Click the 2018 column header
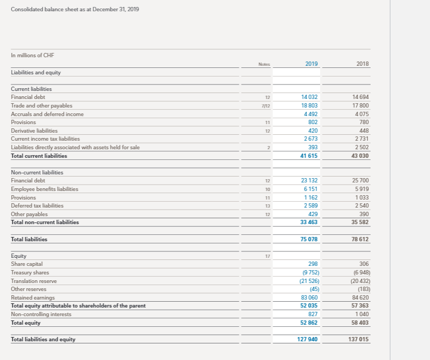(363, 64)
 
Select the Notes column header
(264, 64)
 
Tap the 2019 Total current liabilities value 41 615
(310, 156)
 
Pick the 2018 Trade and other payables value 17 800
(361, 105)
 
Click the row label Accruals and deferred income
(48, 114)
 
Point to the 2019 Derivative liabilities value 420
(313, 131)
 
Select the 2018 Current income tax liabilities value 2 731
(363, 139)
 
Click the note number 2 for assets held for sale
(268, 148)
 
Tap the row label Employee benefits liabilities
(45, 189)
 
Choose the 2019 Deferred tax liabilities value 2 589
(311, 205)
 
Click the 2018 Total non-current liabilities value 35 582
(360, 222)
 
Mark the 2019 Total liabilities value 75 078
(310, 239)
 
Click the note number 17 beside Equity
(267, 256)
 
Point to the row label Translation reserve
(34, 281)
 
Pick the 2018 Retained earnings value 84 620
(361, 297)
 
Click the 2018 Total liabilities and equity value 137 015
(359, 339)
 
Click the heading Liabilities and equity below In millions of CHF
(36, 72)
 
